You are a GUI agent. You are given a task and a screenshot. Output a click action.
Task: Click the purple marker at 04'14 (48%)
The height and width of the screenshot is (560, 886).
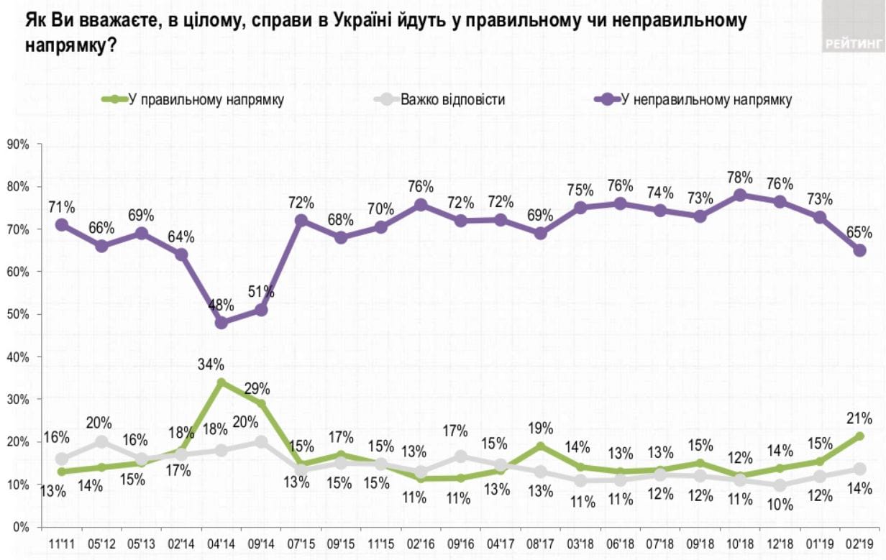221,323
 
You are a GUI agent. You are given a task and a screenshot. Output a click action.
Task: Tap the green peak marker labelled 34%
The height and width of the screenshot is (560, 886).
221,382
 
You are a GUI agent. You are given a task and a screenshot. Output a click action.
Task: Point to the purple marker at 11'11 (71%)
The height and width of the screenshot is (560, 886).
62,225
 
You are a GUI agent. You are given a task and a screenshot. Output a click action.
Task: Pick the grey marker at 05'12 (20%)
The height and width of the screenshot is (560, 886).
102,441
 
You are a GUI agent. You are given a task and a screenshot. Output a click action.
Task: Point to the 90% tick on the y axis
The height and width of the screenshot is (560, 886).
17,144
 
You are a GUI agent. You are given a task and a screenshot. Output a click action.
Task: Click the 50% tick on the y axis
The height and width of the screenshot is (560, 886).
17,314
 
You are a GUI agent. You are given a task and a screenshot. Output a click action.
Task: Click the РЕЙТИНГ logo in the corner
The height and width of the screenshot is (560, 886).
854,43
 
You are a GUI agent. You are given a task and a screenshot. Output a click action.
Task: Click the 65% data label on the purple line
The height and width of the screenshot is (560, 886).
859,232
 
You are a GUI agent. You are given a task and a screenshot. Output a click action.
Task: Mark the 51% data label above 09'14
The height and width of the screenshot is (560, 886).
262,292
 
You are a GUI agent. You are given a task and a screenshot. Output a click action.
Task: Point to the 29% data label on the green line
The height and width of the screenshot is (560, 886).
257,389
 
